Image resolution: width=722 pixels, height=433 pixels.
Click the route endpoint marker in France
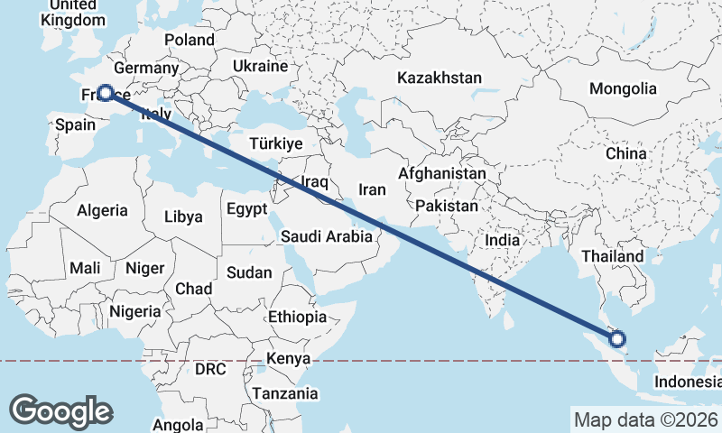(x=106, y=93)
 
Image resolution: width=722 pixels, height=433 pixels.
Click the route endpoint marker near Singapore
(x=617, y=339)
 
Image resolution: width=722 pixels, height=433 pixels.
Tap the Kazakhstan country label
(x=440, y=78)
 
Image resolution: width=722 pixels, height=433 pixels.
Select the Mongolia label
(x=622, y=88)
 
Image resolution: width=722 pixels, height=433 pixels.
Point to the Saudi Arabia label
(x=327, y=237)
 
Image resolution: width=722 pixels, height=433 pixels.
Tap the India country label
(x=503, y=240)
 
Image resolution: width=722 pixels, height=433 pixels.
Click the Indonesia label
(x=688, y=382)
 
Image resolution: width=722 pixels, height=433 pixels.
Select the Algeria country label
(x=103, y=210)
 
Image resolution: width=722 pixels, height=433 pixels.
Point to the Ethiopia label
(x=297, y=317)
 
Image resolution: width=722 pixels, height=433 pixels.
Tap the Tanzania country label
(x=285, y=393)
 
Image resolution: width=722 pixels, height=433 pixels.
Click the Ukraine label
(x=259, y=67)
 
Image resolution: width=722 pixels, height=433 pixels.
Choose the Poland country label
(x=190, y=40)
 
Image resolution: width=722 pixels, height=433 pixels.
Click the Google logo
(x=61, y=410)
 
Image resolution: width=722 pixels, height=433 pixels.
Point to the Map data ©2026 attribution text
(x=645, y=419)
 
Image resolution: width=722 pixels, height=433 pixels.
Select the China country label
(x=626, y=153)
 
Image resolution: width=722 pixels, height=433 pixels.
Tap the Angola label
(x=178, y=425)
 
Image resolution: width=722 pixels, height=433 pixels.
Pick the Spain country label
(x=75, y=124)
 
